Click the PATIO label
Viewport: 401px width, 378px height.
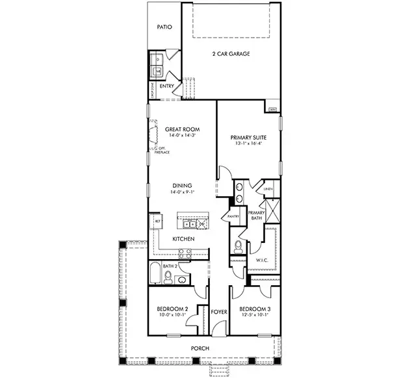(164, 27)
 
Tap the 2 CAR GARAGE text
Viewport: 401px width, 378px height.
(231, 54)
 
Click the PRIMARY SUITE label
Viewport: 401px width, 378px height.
(248, 137)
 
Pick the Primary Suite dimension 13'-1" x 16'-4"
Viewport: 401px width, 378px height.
(248, 144)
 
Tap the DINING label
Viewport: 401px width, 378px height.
(181, 185)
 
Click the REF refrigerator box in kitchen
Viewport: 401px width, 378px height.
(157, 221)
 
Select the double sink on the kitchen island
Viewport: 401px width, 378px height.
(189, 224)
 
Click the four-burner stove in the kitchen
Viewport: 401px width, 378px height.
(203, 224)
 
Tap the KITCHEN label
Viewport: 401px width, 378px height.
(183, 240)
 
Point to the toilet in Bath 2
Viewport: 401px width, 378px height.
(168, 278)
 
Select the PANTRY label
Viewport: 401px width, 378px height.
(234, 216)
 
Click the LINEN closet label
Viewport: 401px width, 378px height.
(268, 189)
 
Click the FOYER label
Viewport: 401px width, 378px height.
(219, 312)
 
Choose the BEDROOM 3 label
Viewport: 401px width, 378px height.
(254, 309)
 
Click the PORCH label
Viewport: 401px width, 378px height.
(200, 349)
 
